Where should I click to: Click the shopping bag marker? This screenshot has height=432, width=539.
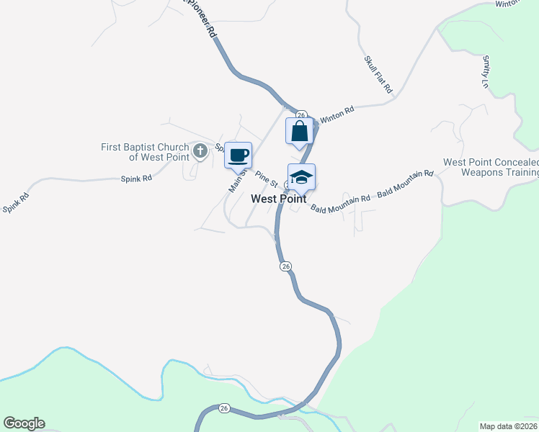(x=300, y=132)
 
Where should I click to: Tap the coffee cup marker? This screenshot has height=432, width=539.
(x=239, y=155)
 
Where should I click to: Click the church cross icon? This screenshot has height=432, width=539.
(x=200, y=151)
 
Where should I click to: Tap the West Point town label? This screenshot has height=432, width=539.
(x=279, y=199)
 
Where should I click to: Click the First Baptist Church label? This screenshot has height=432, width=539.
(x=145, y=152)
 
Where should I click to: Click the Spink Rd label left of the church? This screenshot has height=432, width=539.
(x=136, y=178)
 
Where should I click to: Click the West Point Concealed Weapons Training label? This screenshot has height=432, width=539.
(x=491, y=168)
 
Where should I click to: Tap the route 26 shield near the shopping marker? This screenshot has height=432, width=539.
(x=302, y=114)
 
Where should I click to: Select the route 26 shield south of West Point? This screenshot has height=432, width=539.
(x=286, y=266)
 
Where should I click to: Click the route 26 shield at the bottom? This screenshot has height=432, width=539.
(x=224, y=408)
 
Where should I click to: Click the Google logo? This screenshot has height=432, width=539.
(x=24, y=423)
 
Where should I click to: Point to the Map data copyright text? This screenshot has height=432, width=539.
(x=508, y=426)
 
